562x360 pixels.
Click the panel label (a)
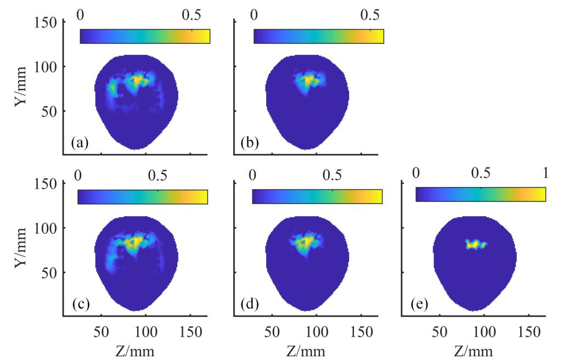click(79, 144)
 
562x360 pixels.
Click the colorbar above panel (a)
click(145, 36)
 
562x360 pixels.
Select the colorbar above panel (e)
click(481, 194)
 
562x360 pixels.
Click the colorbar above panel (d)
click(317, 196)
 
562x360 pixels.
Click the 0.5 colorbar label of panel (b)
click(372, 13)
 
